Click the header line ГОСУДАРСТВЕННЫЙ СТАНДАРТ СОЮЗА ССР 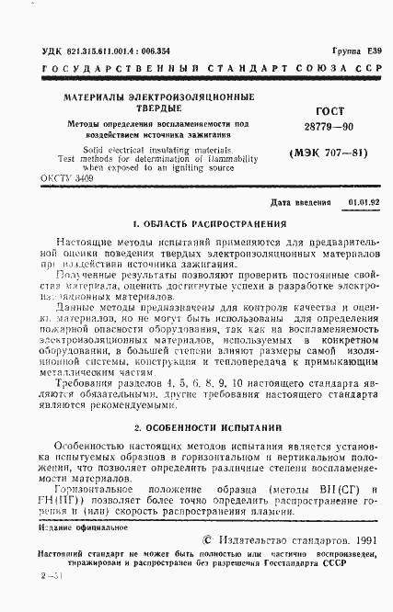(x=196, y=69)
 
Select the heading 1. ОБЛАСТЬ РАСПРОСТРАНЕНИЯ (x=196, y=223)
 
